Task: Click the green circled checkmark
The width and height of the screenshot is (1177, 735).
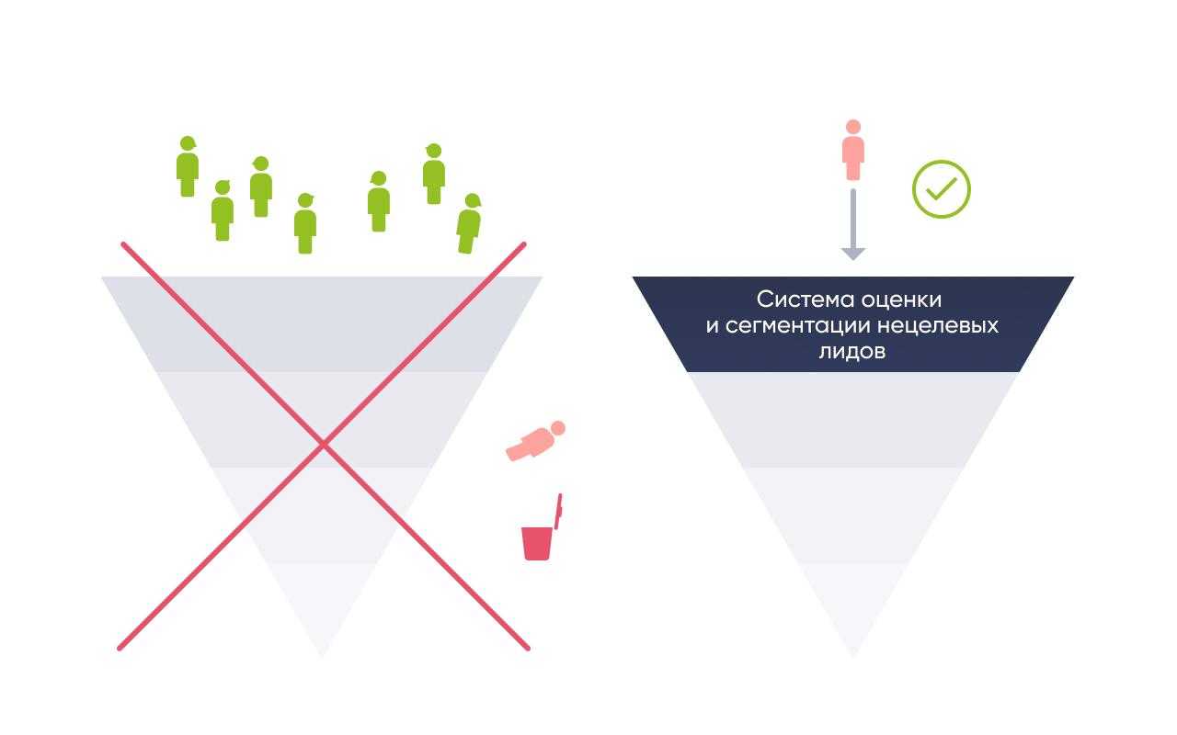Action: [x=941, y=189]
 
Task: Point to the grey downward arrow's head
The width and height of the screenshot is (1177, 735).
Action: [x=852, y=254]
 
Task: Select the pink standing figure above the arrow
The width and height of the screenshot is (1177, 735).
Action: [x=852, y=150]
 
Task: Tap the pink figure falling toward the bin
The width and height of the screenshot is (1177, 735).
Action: [x=535, y=442]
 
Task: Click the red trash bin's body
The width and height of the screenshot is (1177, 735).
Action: [x=536, y=543]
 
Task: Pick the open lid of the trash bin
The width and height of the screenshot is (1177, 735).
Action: [x=558, y=511]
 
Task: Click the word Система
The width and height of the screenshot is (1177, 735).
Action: [x=801, y=300]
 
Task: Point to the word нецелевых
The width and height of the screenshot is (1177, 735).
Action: [x=938, y=326]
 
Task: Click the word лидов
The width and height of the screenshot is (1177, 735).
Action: [x=852, y=351]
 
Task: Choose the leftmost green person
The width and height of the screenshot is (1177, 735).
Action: [x=187, y=166]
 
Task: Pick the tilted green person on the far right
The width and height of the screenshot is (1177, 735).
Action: [x=469, y=223]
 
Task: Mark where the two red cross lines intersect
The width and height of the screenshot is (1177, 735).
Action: [x=324, y=446]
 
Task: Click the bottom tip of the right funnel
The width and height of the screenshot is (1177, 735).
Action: [x=852, y=656]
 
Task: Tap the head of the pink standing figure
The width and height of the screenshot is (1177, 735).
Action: [x=853, y=127]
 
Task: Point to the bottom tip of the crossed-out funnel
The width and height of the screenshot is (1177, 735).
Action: [x=323, y=656]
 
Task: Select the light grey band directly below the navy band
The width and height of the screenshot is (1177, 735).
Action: [x=853, y=420]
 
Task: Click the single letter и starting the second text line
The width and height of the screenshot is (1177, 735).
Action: [x=712, y=326]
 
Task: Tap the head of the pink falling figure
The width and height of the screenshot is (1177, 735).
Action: [x=558, y=428]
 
